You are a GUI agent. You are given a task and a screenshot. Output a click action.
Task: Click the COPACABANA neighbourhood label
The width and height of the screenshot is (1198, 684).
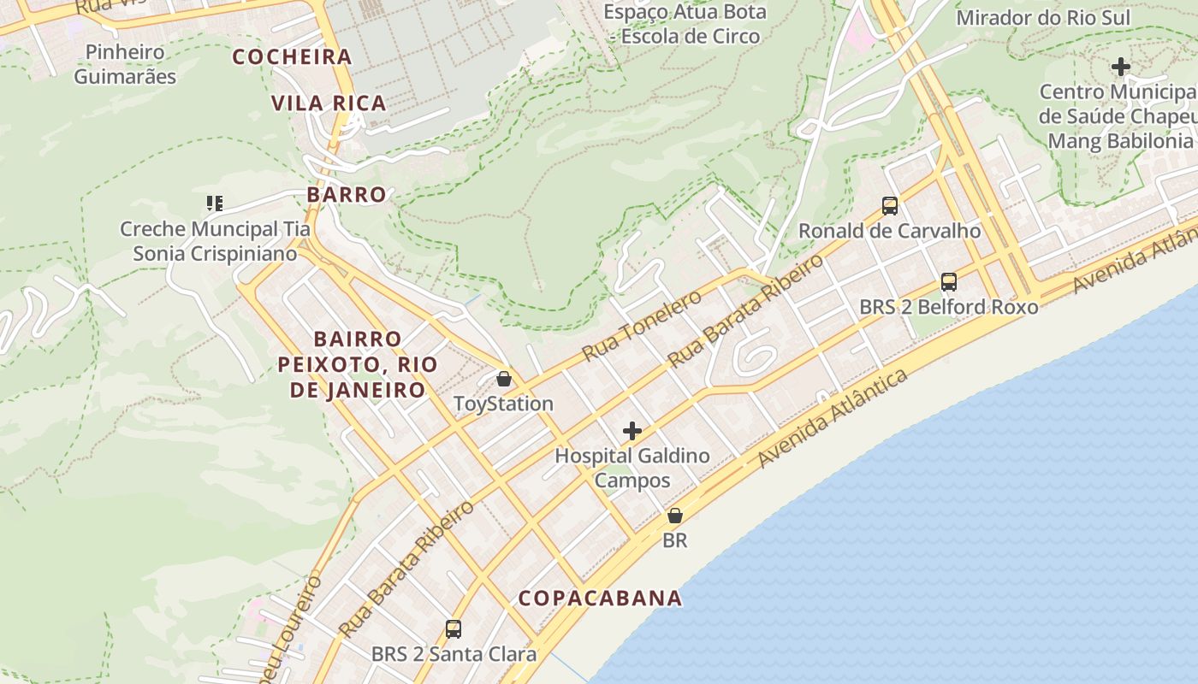click(x=600, y=598)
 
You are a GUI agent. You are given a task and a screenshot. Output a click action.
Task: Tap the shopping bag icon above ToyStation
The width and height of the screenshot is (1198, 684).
click(x=504, y=378)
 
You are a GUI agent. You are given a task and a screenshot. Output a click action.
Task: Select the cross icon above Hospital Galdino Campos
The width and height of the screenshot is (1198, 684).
click(x=632, y=431)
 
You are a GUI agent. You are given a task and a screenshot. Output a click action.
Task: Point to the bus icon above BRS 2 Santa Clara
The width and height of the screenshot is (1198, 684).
click(x=454, y=629)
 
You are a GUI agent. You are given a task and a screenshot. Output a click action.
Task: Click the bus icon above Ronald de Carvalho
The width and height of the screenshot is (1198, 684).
click(x=890, y=206)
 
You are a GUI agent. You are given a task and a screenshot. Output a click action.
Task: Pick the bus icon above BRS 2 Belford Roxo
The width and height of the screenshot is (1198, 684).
click(x=948, y=281)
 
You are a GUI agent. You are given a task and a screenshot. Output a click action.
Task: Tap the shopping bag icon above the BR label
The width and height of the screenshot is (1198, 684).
click(x=675, y=516)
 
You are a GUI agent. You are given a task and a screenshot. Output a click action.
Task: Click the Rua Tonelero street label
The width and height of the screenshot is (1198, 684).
click(x=642, y=325)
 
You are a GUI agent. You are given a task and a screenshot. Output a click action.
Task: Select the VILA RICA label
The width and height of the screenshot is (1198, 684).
click(x=329, y=103)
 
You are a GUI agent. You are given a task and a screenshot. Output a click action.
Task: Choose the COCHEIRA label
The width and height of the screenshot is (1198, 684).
click(x=293, y=57)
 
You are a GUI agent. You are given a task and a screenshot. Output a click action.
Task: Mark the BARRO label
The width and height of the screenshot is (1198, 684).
click(x=347, y=195)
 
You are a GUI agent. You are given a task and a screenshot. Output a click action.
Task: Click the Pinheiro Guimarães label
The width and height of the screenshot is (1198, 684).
click(x=125, y=64)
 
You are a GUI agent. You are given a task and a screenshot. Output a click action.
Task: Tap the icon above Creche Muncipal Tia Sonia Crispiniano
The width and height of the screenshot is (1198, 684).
click(x=214, y=203)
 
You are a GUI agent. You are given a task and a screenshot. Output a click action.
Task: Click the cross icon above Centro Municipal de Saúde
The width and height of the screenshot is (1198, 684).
click(x=1120, y=67)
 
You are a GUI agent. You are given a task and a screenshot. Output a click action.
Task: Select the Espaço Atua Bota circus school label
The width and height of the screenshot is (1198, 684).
click(x=685, y=24)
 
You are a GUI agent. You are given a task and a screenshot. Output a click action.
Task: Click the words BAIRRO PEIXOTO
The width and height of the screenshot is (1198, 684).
click(x=358, y=351)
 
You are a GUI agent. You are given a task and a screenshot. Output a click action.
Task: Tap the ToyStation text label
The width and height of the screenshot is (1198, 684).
click(x=503, y=404)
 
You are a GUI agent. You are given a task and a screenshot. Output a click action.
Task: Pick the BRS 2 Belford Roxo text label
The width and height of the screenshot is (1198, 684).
click(x=948, y=307)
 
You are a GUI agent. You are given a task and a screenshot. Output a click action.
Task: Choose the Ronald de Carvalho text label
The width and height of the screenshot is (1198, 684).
click(x=889, y=231)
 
